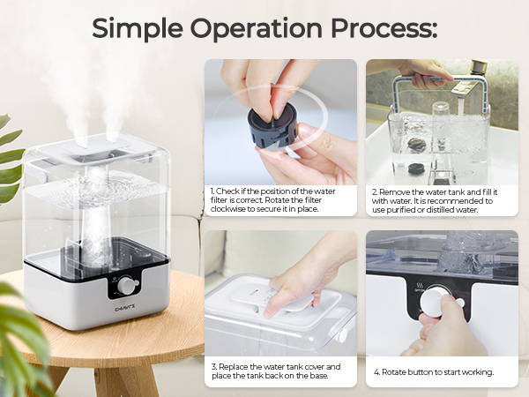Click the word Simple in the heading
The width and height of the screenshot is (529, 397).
(x=138, y=29)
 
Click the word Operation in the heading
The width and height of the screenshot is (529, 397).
(x=256, y=28)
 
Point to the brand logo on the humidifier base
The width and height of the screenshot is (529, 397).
(x=125, y=307)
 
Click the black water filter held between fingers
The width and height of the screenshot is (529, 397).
(x=272, y=125)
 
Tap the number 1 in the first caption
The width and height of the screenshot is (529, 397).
(x=212, y=191)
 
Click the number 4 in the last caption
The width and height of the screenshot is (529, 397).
(x=376, y=372)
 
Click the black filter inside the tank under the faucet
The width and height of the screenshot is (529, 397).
(x=415, y=169)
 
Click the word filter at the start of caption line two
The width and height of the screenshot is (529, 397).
(x=218, y=200)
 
